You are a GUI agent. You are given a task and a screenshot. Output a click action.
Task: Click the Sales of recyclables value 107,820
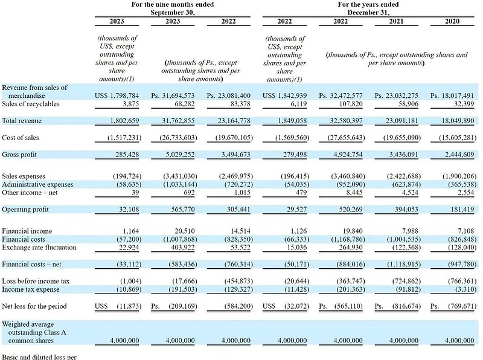[348, 104]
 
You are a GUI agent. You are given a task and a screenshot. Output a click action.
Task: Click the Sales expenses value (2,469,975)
[226, 176]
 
